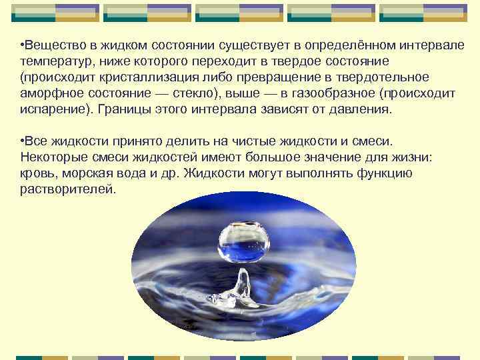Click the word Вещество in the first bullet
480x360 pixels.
51,46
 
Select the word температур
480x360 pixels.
52,62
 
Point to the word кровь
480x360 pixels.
37,173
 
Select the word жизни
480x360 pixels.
412,157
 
